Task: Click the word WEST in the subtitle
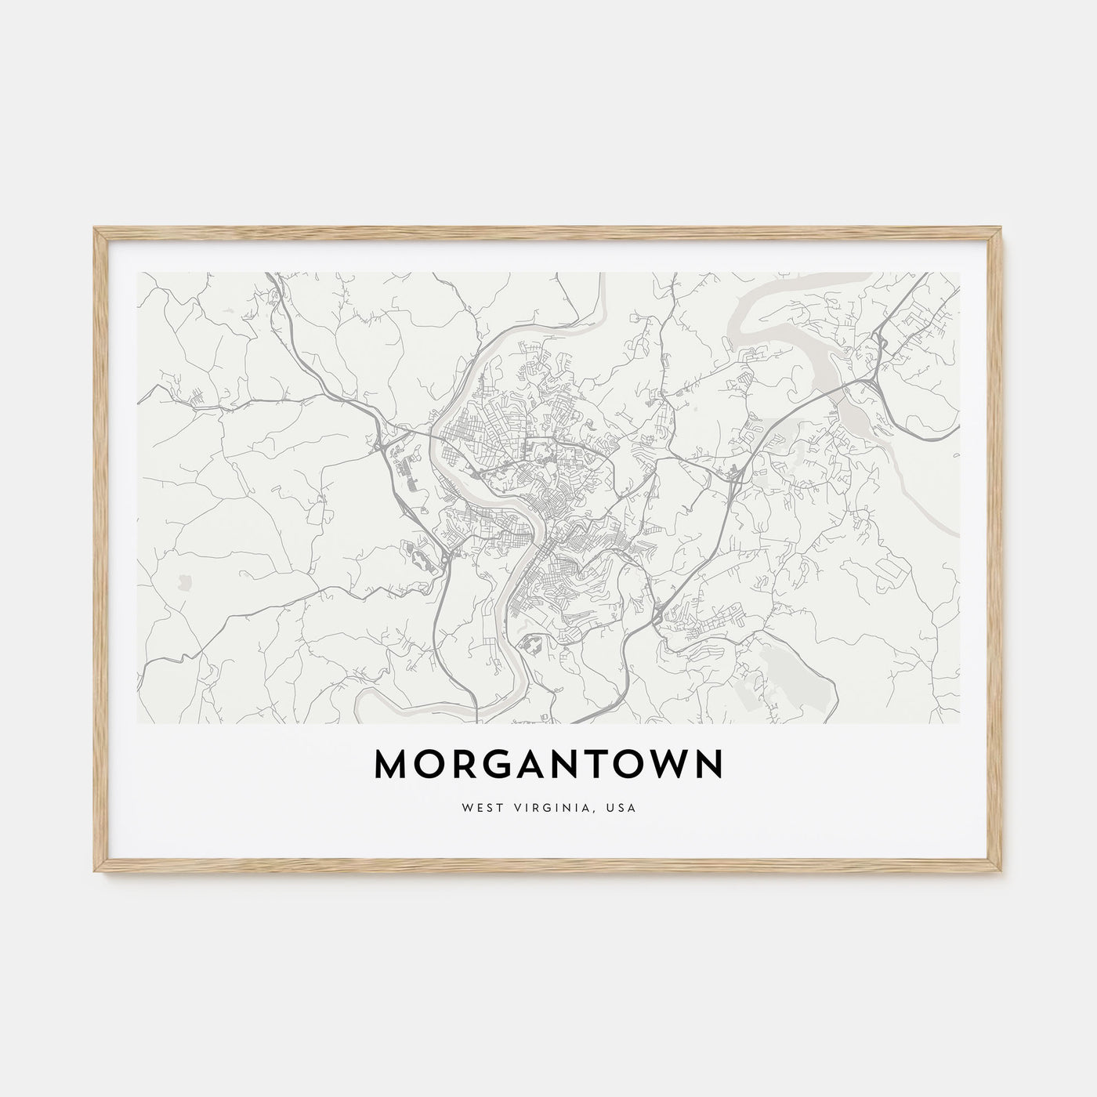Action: (x=478, y=806)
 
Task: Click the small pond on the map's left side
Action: (x=186, y=582)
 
